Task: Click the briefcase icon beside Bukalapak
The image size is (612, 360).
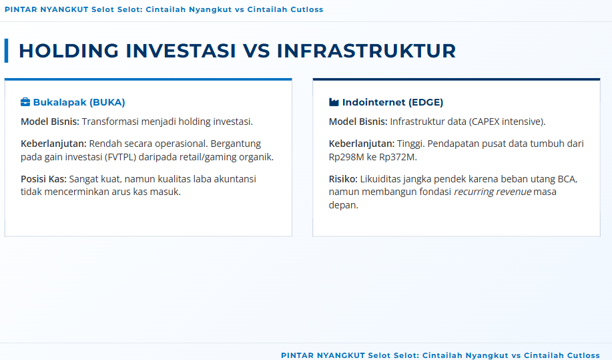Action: click(x=25, y=102)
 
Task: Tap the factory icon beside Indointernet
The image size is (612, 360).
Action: click(x=334, y=102)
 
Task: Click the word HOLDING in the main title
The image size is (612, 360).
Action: click(x=68, y=51)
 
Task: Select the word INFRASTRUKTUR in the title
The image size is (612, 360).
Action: click(x=366, y=51)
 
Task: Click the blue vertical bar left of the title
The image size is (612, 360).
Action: click(x=6, y=50)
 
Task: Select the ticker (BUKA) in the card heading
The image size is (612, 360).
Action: click(x=107, y=102)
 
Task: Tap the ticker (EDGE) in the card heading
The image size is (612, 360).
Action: click(x=426, y=102)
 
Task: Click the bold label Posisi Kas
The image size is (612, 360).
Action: click(x=44, y=179)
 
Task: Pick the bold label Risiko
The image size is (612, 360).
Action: click(x=343, y=179)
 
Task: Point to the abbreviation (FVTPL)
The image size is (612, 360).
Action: click(x=120, y=157)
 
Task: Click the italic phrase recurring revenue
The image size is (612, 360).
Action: click(x=493, y=192)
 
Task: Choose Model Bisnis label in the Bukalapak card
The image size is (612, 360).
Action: click(x=50, y=122)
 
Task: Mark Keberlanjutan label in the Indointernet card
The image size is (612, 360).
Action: click(x=362, y=144)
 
